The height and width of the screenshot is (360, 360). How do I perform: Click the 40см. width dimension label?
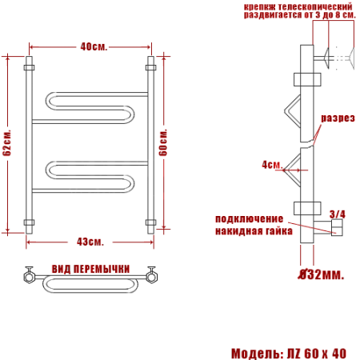90,46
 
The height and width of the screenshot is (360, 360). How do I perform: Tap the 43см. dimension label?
90,242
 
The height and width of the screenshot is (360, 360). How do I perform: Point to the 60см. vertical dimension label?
164,142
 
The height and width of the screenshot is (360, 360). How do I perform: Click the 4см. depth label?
272,165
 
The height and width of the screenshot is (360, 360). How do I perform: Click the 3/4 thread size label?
337,214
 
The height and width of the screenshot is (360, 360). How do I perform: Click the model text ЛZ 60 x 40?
317,353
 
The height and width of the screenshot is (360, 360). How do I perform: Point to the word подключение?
248,219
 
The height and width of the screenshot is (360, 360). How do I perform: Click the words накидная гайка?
250,231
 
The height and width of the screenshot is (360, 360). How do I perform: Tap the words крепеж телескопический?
286,6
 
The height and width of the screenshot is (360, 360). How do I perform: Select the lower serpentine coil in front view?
88,174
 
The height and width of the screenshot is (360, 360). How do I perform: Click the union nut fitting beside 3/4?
336,230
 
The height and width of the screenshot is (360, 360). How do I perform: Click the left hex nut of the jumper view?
29,278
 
